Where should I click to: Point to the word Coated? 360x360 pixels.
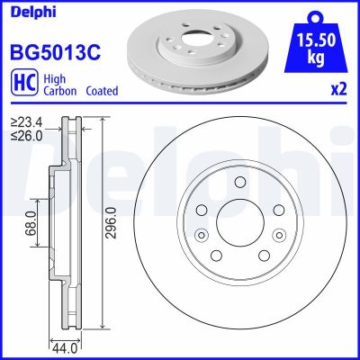[x=103, y=91]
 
